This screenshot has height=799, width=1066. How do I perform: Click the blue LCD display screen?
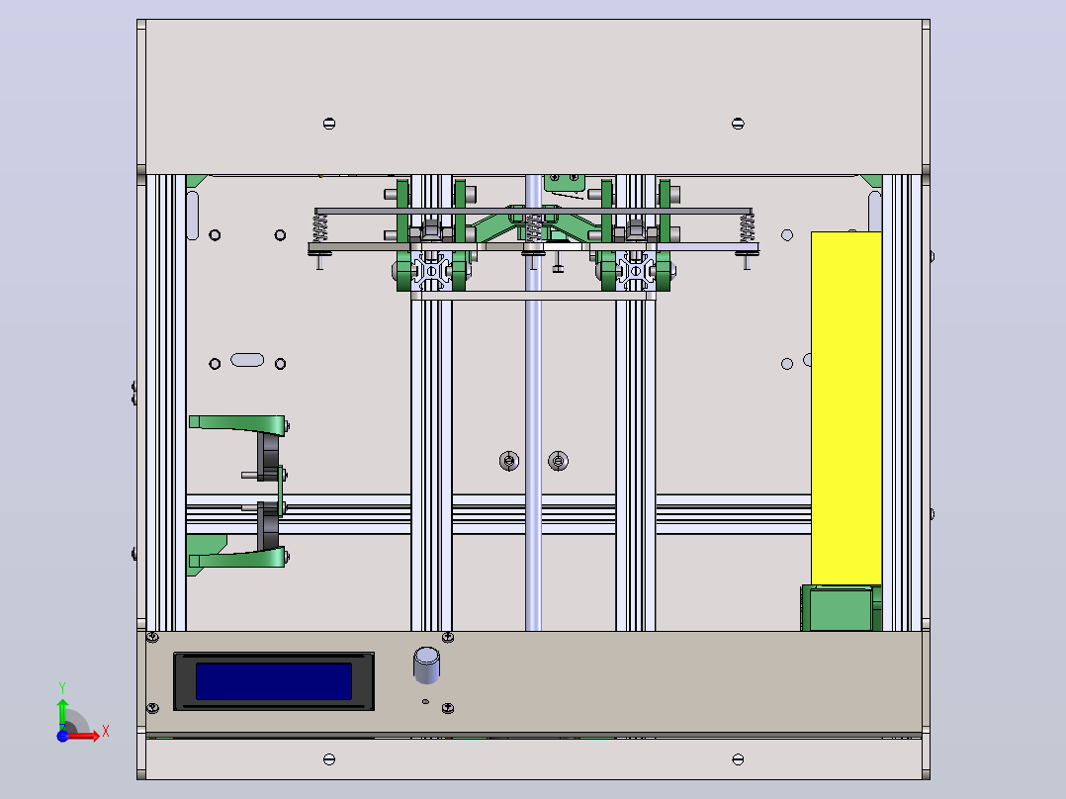[274, 680]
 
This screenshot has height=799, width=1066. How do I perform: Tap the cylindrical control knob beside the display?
[426, 665]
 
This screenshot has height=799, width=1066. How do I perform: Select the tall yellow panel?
[845, 408]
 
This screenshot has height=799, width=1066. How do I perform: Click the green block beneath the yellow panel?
[841, 608]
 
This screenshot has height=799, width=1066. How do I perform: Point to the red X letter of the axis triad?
[106, 732]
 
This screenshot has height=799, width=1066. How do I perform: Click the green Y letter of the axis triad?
[62, 688]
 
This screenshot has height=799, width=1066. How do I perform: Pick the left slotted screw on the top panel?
[329, 123]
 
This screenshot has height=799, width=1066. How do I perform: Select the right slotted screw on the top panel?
[738, 123]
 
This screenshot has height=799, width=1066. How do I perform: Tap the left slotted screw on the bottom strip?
[329, 758]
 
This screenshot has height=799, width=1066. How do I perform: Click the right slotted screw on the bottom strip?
[738, 758]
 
